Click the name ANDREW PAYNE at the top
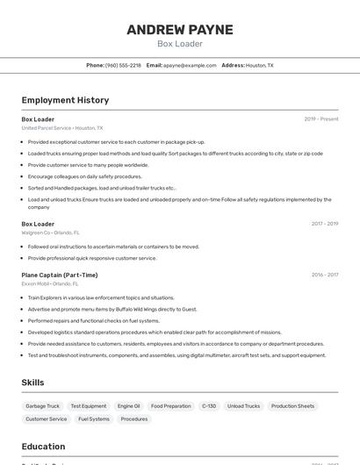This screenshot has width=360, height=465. pyautogui.click(x=180, y=30)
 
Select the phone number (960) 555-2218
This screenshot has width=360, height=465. pyautogui.click(x=123, y=65)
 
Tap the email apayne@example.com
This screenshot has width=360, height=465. pyautogui.click(x=190, y=65)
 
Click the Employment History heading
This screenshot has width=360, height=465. pyautogui.click(x=65, y=100)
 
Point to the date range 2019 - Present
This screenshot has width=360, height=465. pyautogui.click(x=321, y=119)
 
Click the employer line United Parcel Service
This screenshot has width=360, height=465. pyautogui.click(x=61, y=128)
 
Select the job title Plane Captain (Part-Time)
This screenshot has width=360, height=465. pyautogui.click(x=60, y=275)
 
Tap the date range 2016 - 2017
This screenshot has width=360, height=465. pyautogui.click(x=325, y=275)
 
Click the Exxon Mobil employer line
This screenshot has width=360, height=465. pyautogui.click(x=49, y=283)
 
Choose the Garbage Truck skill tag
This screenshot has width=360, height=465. pyautogui.click(x=42, y=406)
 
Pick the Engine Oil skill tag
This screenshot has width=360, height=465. pyautogui.click(x=128, y=406)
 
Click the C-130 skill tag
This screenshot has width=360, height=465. pyautogui.click(x=209, y=406)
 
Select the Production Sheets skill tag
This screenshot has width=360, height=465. pyautogui.click(x=292, y=406)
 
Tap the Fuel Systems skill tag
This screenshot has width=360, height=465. pyautogui.click(x=94, y=419)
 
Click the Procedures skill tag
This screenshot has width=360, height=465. pyautogui.click(x=134, y=419)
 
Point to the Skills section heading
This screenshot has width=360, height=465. pyautogui.click(x=32, y=383)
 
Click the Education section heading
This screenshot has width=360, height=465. pyautogui.click(x=43, y=447)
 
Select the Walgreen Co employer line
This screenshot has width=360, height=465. pyautogui.click(x=50, y=232)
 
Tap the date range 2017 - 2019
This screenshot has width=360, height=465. pyautogui.click(x=325, y=224)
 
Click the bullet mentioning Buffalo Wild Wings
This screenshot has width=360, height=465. pyautogui.click(x=112, y=309)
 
